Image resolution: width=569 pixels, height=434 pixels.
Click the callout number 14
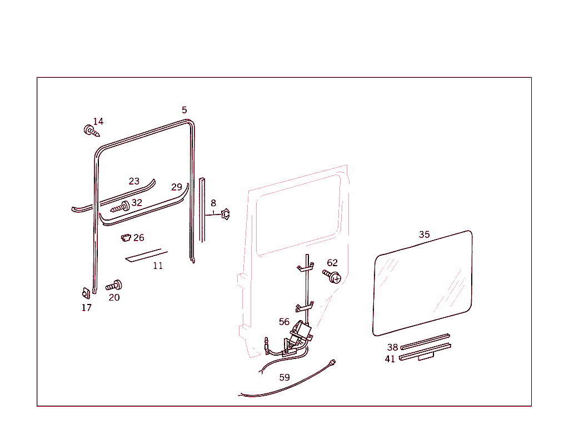[x=98, y=122]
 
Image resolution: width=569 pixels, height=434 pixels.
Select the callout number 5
[x=184, y=110]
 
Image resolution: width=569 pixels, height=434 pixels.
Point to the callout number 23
[x=134, y=181]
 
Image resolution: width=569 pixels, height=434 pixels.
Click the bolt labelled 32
[x=121, y=207]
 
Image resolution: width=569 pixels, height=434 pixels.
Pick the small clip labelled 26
[x=126, y=238]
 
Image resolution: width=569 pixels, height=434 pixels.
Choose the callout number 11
[x=158, y=266]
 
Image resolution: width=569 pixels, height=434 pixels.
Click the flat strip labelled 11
[x=143, y=256]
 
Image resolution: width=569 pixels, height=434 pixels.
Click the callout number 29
[x=177, y=187]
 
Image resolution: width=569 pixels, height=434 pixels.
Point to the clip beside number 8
[x=226, y=213]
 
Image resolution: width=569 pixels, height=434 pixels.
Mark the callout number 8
[x=213, y=203]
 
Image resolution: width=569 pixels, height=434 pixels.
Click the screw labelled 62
[x=332, y=276]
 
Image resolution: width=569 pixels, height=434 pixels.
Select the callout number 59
[x=284, y=377]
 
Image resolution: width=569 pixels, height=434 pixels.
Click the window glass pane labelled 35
[x=423, y=283]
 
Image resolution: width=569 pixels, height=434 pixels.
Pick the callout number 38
[x=392, y=348]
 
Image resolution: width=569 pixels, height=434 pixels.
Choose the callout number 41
[x=390, y=359]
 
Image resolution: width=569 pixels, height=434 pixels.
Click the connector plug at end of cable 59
[x=333, y=362]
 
